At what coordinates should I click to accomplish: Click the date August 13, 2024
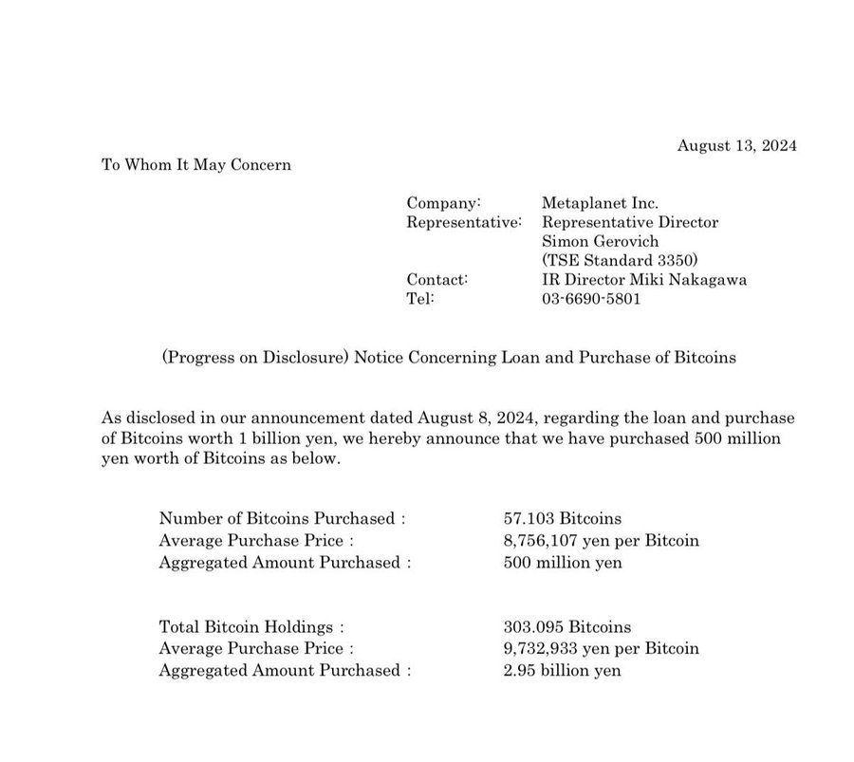pos(737,145)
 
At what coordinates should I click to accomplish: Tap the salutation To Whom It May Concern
pos(196,165)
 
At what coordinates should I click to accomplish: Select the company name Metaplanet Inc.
pos(600,203)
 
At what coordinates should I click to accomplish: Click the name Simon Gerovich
pos(599,241)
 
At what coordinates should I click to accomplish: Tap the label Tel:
pos(419,298)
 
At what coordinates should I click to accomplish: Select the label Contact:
pos(437,279)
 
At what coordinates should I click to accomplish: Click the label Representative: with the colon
pos(464,222)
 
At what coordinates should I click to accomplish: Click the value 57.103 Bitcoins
pos(563,518)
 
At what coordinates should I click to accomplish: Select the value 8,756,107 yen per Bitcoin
pos(601,540)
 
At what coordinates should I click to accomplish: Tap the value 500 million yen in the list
pos(563,562)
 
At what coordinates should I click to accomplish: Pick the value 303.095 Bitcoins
pos(566,627)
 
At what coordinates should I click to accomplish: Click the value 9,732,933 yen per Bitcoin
pos(601,649)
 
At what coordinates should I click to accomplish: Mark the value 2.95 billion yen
pos(563,671)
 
